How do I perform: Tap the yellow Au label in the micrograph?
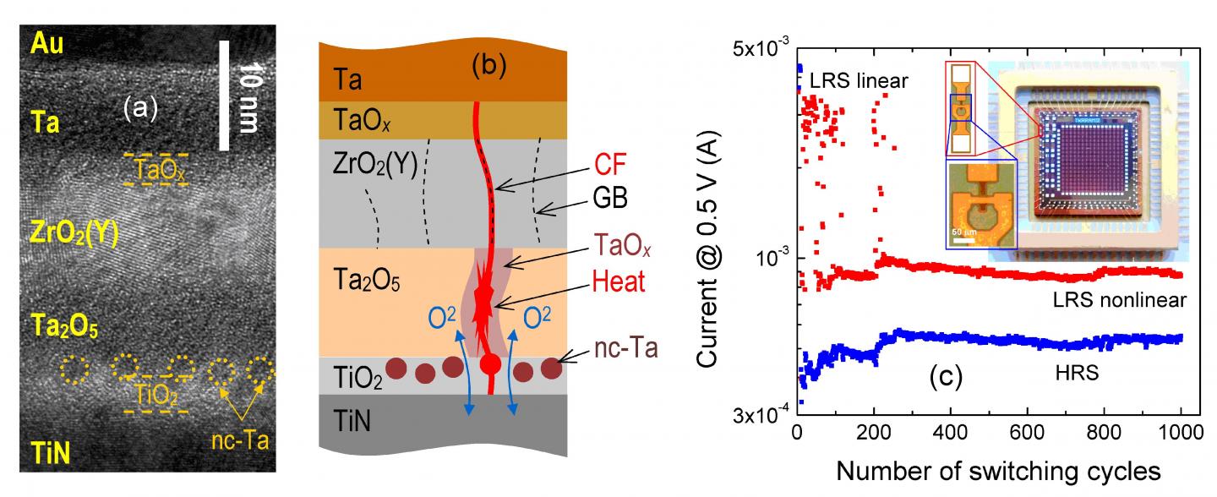pyautogui.click(x=48, y=41)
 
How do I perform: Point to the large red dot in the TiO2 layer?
pyautogui.click(x=490, y=365)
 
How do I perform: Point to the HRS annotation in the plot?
pyautogui.click(x=1077, y=372)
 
